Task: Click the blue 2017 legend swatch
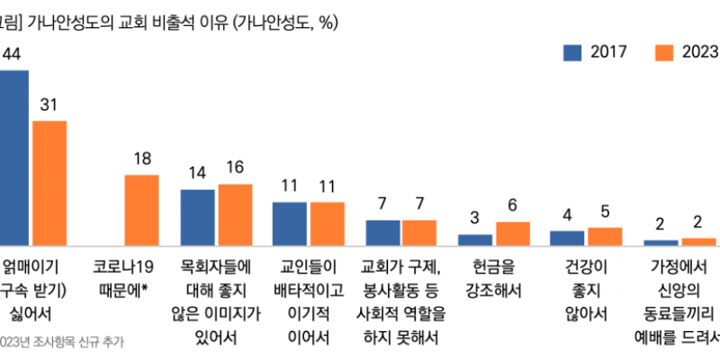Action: tap(572, 52)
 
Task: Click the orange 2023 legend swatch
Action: tap(664, 52)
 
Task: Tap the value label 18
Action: tap(141, 157)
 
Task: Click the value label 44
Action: tap(13, 53)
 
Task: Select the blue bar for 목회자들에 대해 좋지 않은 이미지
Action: tap(197, 217)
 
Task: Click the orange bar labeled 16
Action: tap(235, 214)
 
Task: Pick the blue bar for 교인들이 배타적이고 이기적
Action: tap(290, 223)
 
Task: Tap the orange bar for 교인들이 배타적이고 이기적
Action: tap(327, 223)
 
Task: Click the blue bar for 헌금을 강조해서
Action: tap(475, 239)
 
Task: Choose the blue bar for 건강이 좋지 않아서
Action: tap(567, 238)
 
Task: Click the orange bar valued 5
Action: tap(605, 236)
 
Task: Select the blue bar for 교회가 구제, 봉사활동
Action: tap(382, 232)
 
